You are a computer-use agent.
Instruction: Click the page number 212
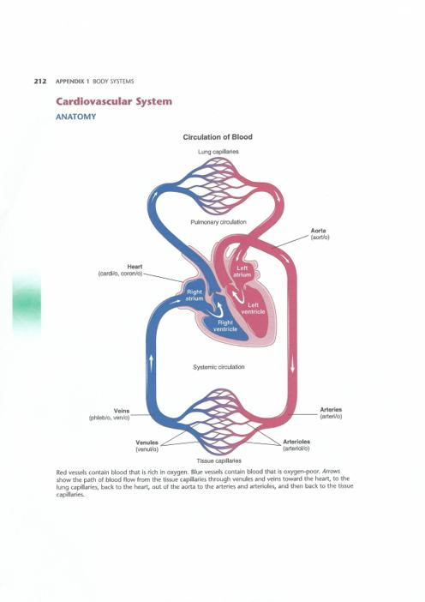click(x=40, y=81)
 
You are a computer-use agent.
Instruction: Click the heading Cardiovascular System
click(x=114, y=102)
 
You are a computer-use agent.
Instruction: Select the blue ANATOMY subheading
click(x=76, y=117)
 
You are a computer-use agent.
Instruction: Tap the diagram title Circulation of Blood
click(x=218, y=137)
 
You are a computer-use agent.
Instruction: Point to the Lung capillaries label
click(x=218, y=152)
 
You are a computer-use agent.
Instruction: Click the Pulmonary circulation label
click(x=218, y=222)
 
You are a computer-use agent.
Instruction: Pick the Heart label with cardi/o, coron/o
click(x=120, y=269)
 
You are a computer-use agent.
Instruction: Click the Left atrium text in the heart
click(x=242, y=272)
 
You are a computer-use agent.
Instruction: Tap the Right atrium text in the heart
click(x=195, y=295)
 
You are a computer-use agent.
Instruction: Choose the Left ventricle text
click(x=253, y=309)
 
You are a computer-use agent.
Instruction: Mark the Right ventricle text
click(x=225, y=326)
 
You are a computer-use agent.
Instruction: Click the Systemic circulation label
click(x=218, y=367)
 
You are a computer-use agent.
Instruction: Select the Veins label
click(x=110, y=414)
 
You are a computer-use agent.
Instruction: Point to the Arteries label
click(x=331, y=412)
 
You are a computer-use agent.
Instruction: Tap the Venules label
click(x=147, y=445)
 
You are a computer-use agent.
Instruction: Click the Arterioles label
click(x=296, y=444)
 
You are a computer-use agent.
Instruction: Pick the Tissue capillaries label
click(x=219, y=461)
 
